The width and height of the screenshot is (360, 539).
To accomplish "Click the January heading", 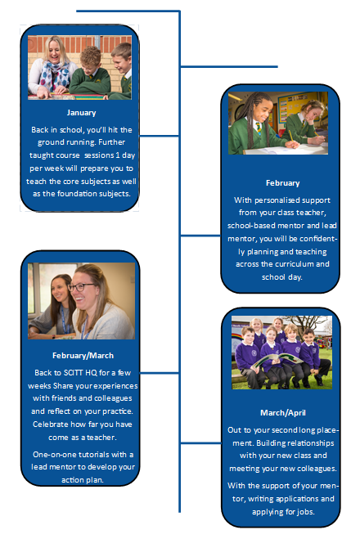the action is coord(81,113).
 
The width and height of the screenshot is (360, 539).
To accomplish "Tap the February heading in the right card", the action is coord(282,183).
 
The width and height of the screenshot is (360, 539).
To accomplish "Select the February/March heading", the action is coord(83,356).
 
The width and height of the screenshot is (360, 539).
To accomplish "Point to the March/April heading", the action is coord(282,412).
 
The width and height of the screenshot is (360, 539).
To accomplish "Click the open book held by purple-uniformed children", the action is coord(277,362).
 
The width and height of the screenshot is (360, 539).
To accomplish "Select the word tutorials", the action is coord(92,455).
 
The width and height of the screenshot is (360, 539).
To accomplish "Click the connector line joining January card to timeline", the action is coord(160,136).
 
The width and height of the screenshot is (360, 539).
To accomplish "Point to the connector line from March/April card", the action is coord(200,442).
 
